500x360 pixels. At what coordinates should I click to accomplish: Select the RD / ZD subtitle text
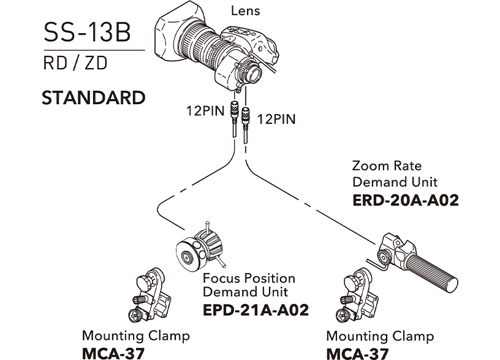(x=74, y=64)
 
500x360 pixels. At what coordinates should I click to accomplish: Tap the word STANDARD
(x=93, y=98)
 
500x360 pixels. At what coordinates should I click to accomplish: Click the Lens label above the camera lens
(x=245, y=10)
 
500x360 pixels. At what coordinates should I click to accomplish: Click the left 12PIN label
(x=206, y=112)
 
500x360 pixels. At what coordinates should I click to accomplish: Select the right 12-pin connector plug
(x=246, y=117)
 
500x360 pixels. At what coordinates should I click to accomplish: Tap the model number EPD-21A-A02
(x=256, y=310)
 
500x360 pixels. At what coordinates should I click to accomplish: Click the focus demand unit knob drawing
(x=197, y=249)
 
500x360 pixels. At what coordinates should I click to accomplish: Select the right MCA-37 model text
(x=357, y=353)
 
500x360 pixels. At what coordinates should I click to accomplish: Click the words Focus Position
(x=249, y=278)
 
